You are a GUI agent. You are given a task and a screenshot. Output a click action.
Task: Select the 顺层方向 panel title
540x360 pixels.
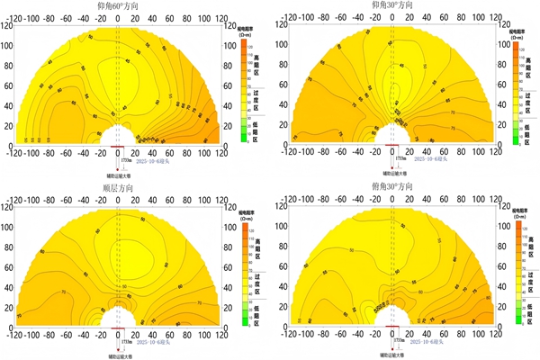118,187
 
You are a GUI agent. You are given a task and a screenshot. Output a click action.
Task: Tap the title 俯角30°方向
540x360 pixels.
392,187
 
